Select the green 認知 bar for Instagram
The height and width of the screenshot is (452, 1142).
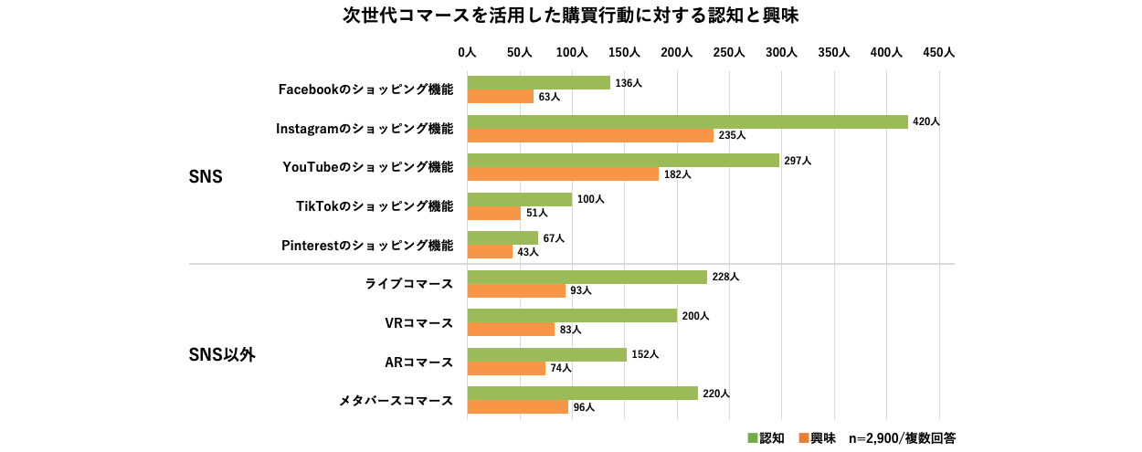point(687,121)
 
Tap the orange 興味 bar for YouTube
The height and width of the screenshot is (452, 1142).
point(562,174)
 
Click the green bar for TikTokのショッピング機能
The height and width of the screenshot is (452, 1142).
point(519,199)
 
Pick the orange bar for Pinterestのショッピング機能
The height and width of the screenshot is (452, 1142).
point(490,252)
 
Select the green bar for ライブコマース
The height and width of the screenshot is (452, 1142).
point(587,277)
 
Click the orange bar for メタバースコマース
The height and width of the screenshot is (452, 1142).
point(517,407)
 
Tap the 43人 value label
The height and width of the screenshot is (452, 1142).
point(528,252)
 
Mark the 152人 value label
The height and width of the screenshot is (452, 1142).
point(645,354)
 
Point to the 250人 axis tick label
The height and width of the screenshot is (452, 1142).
point(729,53)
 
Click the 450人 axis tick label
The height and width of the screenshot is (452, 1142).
point(938,53)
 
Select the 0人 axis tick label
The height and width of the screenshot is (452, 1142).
point(467,53)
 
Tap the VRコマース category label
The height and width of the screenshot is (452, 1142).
point(419,323)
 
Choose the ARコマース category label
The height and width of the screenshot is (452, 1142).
point(419,363)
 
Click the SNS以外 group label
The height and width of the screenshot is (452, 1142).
point(221,355)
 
